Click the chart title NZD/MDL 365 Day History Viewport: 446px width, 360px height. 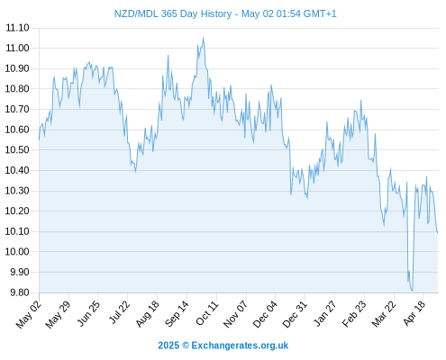click(173, 13)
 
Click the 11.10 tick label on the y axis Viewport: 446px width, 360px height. click(17, 28)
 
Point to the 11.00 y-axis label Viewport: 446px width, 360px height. click(17, 48)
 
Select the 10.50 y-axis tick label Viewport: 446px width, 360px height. click(17, 149)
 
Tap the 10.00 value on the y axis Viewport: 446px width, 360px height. click(17, 251)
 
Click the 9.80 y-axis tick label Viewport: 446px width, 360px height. click(20, 292)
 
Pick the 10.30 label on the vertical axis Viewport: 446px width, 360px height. click(17, 191)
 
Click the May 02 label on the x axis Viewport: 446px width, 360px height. click(28, 314)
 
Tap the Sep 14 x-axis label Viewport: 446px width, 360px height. click(177, 313)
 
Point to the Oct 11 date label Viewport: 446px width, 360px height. click(206, 313)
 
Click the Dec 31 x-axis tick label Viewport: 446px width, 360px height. click(295, 314)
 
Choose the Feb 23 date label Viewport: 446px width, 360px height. click(354, 313)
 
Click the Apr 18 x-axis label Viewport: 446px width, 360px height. click(414, 313)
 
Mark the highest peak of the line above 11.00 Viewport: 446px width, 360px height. click(203, 38)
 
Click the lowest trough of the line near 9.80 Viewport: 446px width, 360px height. click(412, 290)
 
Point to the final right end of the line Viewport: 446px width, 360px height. click(438, 232)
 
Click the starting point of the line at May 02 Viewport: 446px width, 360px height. click(39, 139)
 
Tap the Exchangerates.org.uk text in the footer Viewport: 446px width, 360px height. click(240, 346)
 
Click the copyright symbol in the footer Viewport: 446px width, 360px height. click(186, 346)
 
